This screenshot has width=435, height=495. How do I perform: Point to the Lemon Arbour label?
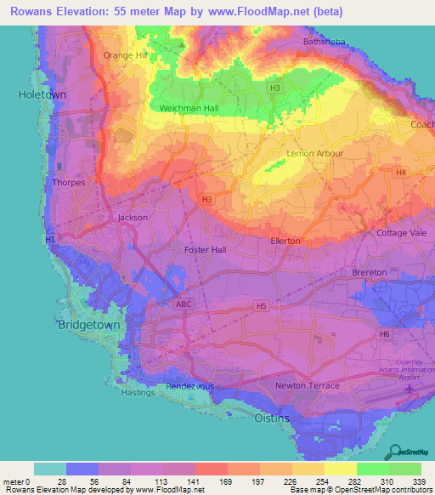point(315,153)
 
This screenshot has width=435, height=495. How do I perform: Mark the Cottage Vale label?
point(401,233)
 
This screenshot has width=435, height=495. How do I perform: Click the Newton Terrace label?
point(307,385)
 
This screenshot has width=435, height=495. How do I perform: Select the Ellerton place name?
point(285,241)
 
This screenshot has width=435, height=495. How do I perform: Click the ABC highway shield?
point(184,304)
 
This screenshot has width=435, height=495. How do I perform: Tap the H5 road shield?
point(262,305)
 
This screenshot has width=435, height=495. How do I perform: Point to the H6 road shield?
point(384,334)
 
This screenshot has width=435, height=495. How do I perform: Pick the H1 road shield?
point(49,241)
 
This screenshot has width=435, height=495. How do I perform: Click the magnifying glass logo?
point(393,451)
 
